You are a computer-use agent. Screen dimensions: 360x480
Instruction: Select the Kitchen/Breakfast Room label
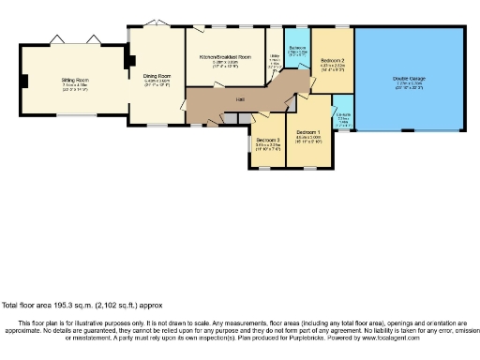[225, 57]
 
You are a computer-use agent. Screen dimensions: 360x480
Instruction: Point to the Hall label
[241, 98]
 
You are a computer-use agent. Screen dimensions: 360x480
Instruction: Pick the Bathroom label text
[296, 47]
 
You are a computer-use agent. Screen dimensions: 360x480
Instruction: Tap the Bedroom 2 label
[334, 61]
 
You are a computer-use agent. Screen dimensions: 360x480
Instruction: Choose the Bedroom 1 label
[309, 131]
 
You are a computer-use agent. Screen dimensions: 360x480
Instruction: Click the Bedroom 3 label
[268, 140]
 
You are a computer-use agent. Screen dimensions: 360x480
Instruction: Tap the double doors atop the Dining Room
[157, 22]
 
